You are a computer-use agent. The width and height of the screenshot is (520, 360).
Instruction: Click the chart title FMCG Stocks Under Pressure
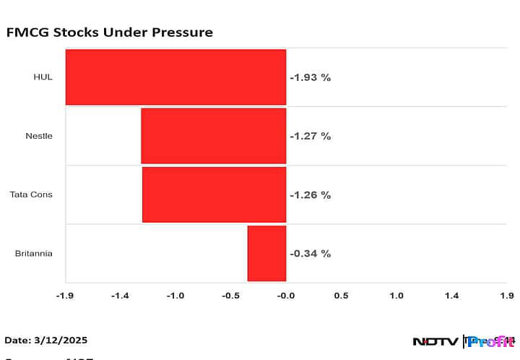click(109, 33)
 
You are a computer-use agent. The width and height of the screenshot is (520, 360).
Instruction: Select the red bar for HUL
click(175, 77)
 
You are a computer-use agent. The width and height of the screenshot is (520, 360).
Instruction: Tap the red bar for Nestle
click(213, 136)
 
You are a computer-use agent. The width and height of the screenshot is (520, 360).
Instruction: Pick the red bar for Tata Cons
click(214, 194)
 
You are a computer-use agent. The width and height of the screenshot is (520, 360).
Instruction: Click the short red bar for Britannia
click(266, 253)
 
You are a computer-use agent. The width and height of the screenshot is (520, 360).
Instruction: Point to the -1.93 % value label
click(310, 77)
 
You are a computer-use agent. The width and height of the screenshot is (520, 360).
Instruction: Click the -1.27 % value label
click(310, 136)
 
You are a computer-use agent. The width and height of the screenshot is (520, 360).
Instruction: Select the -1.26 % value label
click(310, 194)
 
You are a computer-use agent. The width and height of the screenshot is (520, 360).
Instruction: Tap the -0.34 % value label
click(310, 253)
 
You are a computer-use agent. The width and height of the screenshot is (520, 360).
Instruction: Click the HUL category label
click(43, 77)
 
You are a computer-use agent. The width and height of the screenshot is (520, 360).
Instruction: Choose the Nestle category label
click(39, 136)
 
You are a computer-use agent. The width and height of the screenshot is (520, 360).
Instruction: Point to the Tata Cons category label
click(31, 194)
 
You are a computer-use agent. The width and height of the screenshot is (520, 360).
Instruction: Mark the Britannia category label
click(33, 253)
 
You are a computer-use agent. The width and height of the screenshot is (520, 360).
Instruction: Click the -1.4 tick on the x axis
click(120, 296)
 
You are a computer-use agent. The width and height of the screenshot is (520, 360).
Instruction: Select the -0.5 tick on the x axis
click(230, 296)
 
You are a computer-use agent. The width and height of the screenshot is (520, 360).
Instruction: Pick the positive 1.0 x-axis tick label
click(396, 296)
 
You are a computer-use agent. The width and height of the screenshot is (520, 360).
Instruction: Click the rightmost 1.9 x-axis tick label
click(506, 296)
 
